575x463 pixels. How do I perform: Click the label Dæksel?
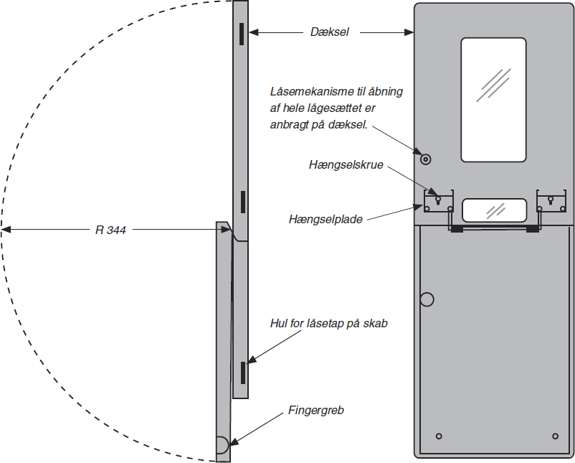click(x=330, y=32)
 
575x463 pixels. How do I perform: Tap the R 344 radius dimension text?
click(x=111, y=230)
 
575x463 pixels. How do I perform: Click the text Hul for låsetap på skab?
click(x=328, y=323)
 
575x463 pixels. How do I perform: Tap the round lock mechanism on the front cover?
click(x=425, y=159)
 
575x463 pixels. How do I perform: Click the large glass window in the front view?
click(x=493, y=99)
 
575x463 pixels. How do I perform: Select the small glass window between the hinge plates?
click(x=494, y=210)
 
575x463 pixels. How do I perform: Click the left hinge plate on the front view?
click(x=439, y=204)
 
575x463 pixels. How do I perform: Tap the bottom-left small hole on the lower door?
click(x=440, y=436)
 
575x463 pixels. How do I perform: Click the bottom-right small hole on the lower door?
click(x=555, y=436)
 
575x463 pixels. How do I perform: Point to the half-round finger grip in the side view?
click(x=222, y=445)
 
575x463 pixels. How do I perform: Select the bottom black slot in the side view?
click(x=243, y=372)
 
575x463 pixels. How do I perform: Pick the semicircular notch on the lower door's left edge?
click(x=428, y=299)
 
